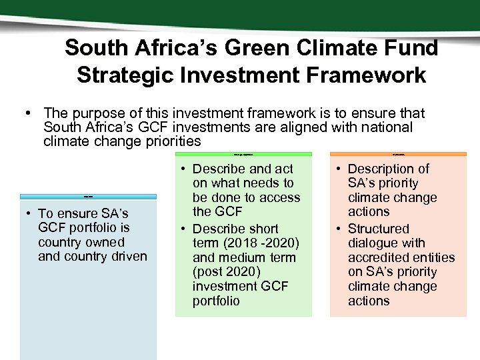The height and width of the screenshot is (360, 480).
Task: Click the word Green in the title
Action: [x=252, y=48]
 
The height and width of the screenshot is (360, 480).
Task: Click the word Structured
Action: [x=379, y=229]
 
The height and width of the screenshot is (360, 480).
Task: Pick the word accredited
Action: [x=376, y=257]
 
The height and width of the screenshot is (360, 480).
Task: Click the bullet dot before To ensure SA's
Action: [x=30, y=214]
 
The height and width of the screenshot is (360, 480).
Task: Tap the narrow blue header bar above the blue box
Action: [x=89, y=197]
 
